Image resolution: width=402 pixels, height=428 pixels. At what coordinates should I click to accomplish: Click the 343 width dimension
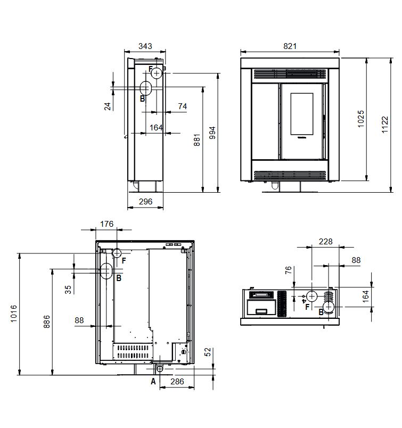[145, 46]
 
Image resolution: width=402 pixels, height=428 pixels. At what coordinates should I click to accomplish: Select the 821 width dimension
[290, 46]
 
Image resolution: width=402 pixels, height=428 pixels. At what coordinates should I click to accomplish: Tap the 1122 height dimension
[385, 125]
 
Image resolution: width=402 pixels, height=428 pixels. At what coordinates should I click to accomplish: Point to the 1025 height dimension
[361, 119]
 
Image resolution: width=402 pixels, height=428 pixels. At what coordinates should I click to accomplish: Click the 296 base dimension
[145, 201]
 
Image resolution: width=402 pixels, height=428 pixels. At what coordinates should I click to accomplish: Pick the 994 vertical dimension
[212, 133]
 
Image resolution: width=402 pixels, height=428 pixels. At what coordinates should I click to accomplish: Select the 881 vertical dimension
[197, 140]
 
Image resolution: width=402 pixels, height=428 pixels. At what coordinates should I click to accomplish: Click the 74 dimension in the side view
[183, 106]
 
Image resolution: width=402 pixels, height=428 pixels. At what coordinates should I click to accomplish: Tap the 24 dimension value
[108, 106]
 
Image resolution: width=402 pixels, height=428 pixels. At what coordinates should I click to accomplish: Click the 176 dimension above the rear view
[106, 224]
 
